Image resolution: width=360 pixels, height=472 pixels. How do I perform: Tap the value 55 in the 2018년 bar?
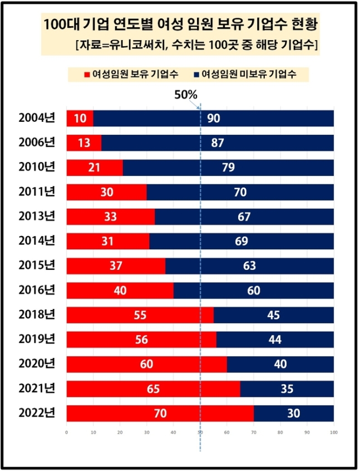[140, 315]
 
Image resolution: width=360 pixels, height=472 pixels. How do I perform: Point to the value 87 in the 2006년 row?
[218, 143]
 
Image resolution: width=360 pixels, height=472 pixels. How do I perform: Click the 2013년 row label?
[37, 217]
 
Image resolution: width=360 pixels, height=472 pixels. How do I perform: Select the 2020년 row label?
[37, 364]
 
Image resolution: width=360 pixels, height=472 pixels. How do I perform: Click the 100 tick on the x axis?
[333, 431]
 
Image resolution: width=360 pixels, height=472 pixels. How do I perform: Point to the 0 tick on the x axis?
[67, 431]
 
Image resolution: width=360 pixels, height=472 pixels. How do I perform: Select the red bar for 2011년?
[106, 192]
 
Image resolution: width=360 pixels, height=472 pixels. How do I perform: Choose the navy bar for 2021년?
[287, 389]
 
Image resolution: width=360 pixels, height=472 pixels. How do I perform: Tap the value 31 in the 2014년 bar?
[108, 241]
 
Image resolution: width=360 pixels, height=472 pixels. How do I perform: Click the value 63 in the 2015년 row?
[249, 265]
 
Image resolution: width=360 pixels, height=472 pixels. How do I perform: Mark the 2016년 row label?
[37, 290]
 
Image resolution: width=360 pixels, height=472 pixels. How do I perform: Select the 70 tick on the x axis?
[254, 431]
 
